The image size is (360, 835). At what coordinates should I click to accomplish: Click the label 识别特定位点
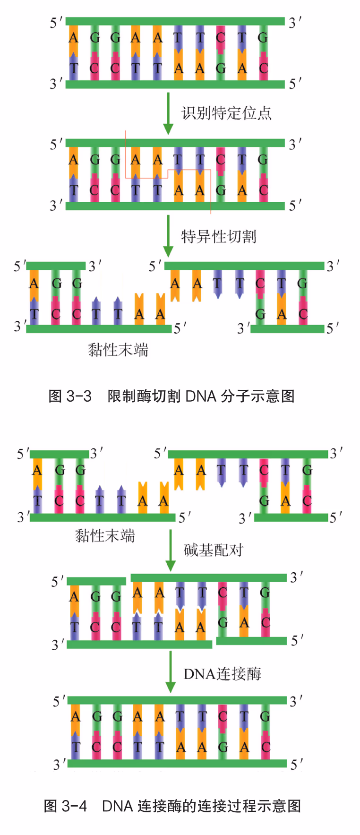click(x=226, y=113)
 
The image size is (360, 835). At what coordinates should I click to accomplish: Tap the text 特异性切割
click(x=219, y=236)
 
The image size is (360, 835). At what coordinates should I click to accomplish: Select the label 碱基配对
click(x=214, y=550)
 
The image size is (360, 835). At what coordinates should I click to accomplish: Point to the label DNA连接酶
click(x=222, y=673)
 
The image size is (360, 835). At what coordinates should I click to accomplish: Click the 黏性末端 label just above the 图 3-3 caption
click(x=118, y=350)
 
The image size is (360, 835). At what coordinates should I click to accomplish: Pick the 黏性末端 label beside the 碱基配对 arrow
click(x=105, y=536)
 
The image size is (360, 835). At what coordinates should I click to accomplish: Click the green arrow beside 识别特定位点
click(x=168, y=113)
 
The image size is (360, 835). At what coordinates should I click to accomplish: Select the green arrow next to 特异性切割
click(x=168, y=236)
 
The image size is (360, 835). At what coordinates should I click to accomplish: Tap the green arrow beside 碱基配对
click(x=171, y=550)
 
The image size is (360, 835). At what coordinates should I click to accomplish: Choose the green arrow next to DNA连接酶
click(x=171, y=673)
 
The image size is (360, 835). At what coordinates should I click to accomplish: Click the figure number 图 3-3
click(x=70, y=396)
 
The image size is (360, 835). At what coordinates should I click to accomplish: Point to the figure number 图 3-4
click(x=65, y=806)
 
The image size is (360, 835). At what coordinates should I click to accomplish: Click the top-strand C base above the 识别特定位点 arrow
click(x=221, y=37)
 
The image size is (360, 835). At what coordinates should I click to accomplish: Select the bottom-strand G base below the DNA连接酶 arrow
click(x=223, y=747)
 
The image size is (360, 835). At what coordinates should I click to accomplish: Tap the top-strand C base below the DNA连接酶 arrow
click(x=223, y=716)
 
